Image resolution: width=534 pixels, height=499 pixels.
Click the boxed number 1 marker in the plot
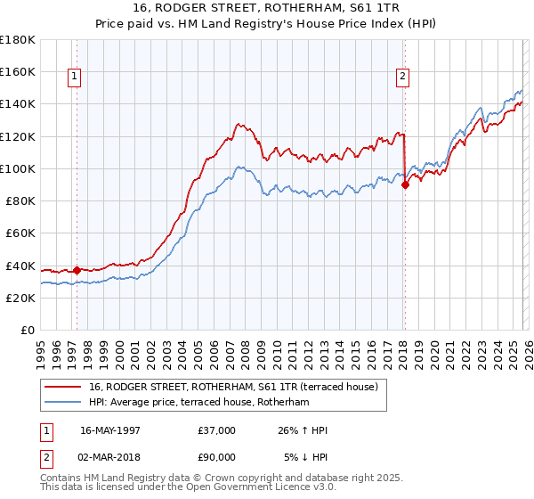(74, 78)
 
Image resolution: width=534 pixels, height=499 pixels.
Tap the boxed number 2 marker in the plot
(402, 78)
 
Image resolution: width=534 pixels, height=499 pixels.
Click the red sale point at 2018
(405, 184)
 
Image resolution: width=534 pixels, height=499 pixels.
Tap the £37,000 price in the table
(217, 430)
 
